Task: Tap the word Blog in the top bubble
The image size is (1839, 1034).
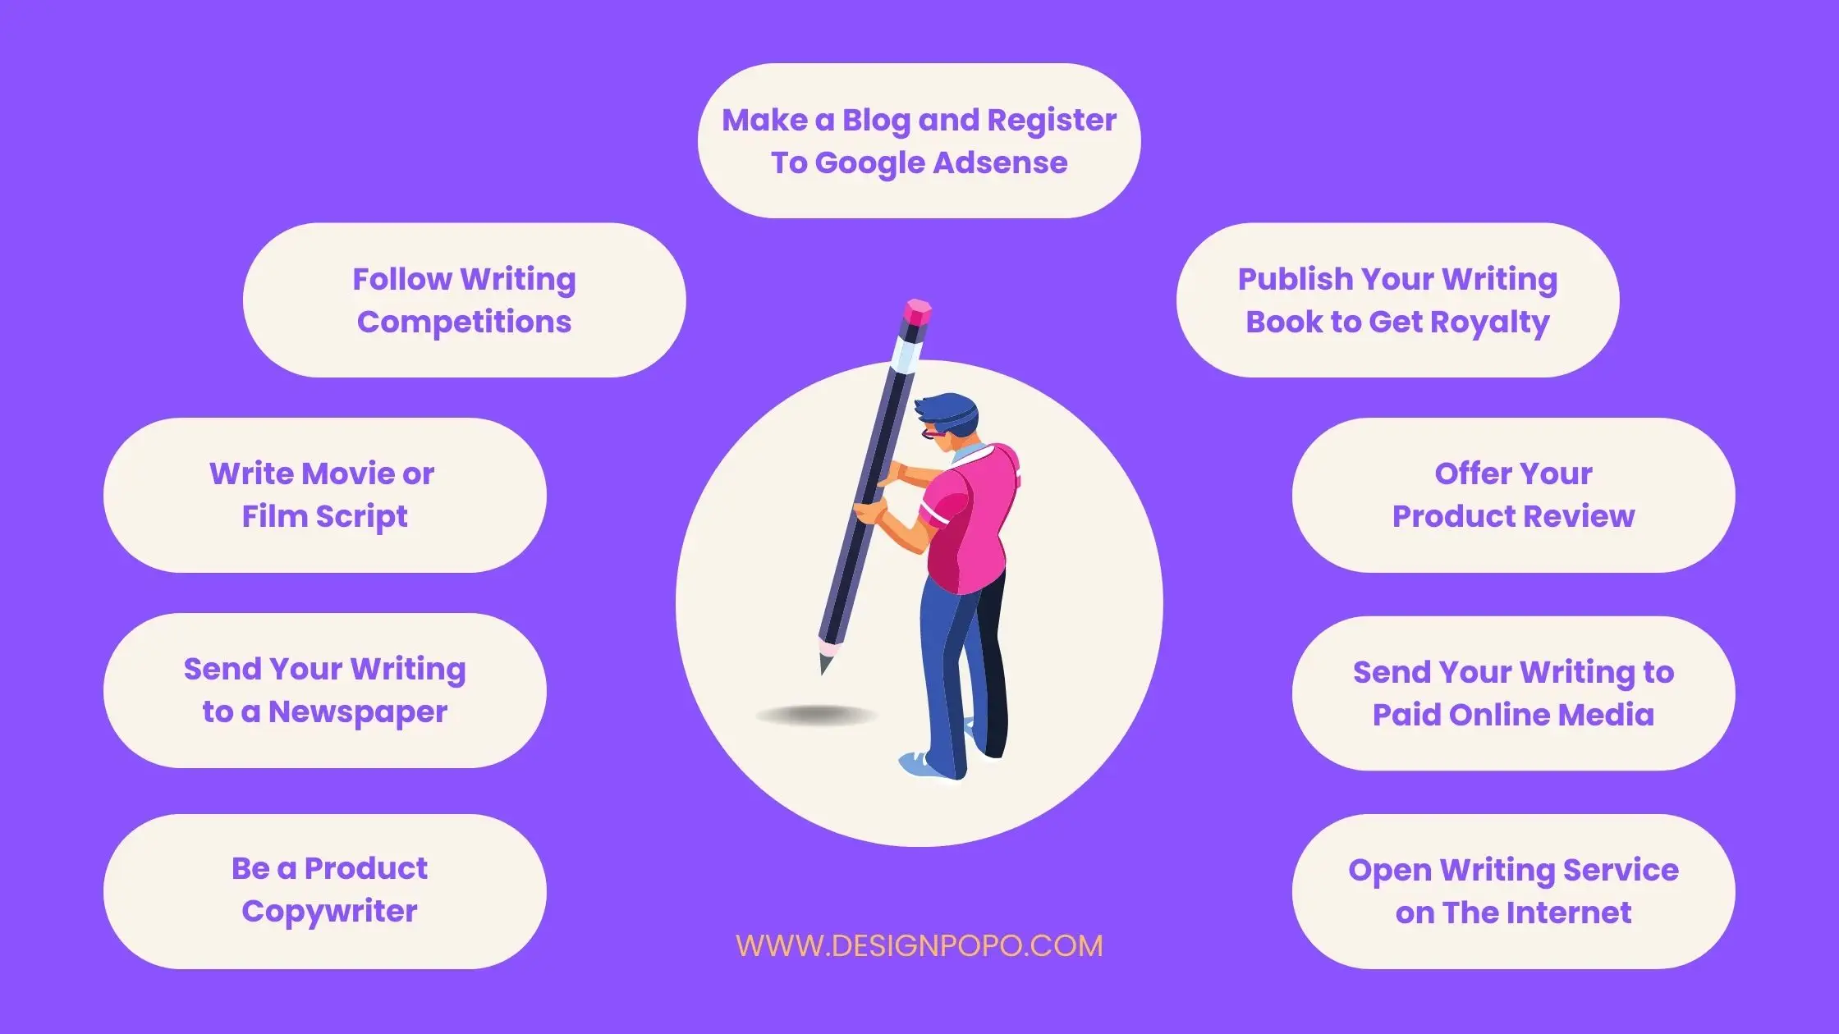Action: [x=876, y=121]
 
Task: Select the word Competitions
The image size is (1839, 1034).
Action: [x=464, y=323]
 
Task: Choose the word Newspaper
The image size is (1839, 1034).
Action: [x=358, y=712]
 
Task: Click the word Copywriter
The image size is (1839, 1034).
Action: [x=329, y=912]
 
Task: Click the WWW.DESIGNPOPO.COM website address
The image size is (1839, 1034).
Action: [x=919, y=945]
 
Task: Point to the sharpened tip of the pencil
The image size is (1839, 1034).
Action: [x=823, y=667]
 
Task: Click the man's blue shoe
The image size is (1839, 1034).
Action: [x=925, y=765]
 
